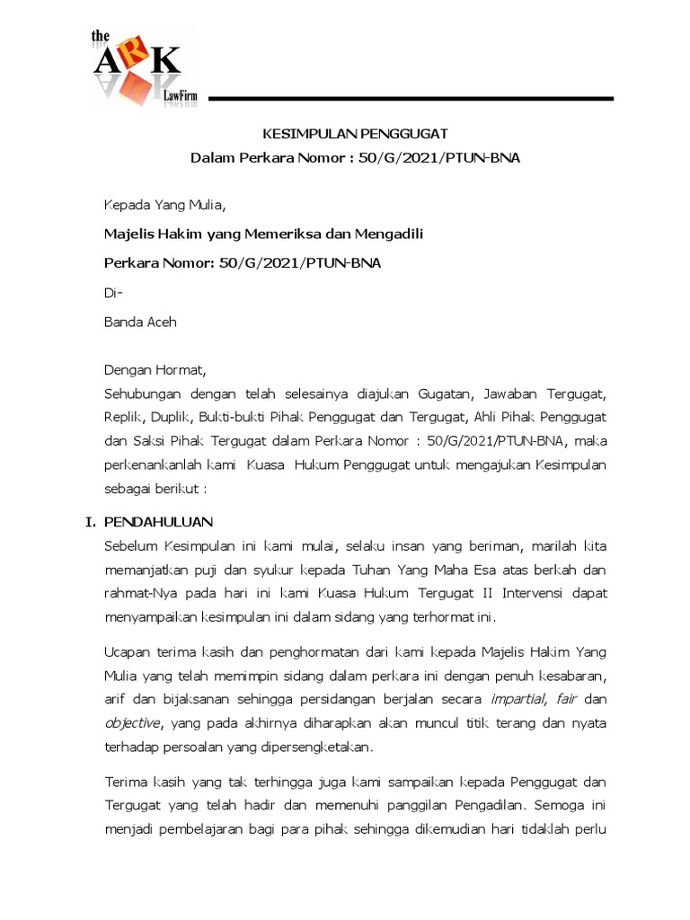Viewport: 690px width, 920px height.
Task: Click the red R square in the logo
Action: (x=137, y=57)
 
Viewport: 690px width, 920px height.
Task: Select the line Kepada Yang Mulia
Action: (x=165, y=208)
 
